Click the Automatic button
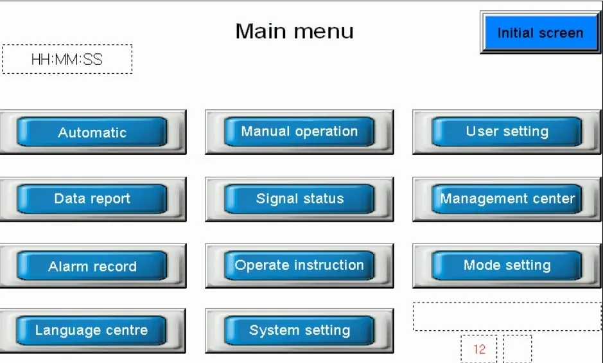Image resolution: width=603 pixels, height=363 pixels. (x=92, y=132)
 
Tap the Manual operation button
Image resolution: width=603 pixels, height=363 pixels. (x=299, y=132)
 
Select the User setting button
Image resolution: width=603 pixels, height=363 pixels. (x=507, y=132)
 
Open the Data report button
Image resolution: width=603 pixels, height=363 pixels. (x=92, y=199)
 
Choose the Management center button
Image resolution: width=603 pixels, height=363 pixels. (x=507, y=199)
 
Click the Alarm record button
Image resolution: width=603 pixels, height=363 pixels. (x=92, y=266)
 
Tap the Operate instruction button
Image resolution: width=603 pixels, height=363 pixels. (x=299, y=265)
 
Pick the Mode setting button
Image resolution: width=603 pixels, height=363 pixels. (x=507, y=265)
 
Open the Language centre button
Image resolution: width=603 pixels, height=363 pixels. (x=91, y=331)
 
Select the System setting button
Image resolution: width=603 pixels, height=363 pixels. (x=299, y=331)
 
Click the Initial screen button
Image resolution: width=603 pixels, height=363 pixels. (x=540, y=33)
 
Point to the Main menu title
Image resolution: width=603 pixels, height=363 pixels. (x=294, y=31)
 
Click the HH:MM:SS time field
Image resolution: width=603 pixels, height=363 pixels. (x=67, y=60)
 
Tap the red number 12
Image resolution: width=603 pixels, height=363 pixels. (x=479, y=350)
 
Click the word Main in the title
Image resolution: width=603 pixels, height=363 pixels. (x=260, y=31)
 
